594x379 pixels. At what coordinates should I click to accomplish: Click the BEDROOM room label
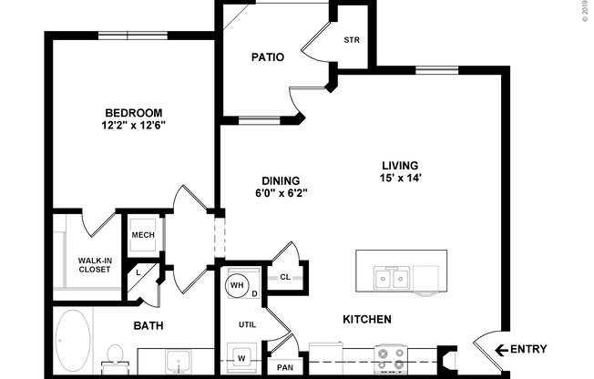coord(134,113)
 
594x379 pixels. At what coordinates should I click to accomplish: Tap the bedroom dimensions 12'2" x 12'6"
coord(134,126)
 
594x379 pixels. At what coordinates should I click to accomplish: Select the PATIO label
coord(267,57)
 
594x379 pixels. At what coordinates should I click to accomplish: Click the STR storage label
coord(351,41)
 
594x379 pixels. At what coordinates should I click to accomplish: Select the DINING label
coord(280,180)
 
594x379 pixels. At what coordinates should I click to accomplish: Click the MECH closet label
coord(142,235)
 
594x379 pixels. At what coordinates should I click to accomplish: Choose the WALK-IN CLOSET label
coord(94,265)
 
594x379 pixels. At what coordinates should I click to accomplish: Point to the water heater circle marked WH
coord(238,285)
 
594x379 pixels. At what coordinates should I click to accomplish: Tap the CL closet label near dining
coord(284,277)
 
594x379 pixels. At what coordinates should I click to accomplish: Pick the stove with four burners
coord(392,359)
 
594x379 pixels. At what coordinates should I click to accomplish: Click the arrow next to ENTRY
coord(500,350)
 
